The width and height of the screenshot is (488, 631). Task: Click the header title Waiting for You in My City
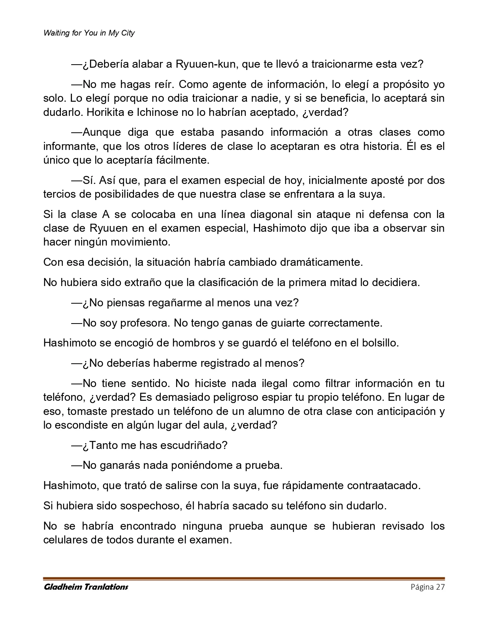pos(89,33)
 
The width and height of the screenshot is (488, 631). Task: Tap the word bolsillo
pos(380,343)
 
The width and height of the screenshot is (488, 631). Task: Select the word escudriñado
pos(194,445)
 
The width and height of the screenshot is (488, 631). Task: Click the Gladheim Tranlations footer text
pos(86,587)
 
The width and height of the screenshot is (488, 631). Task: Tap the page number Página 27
pos(428,587)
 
